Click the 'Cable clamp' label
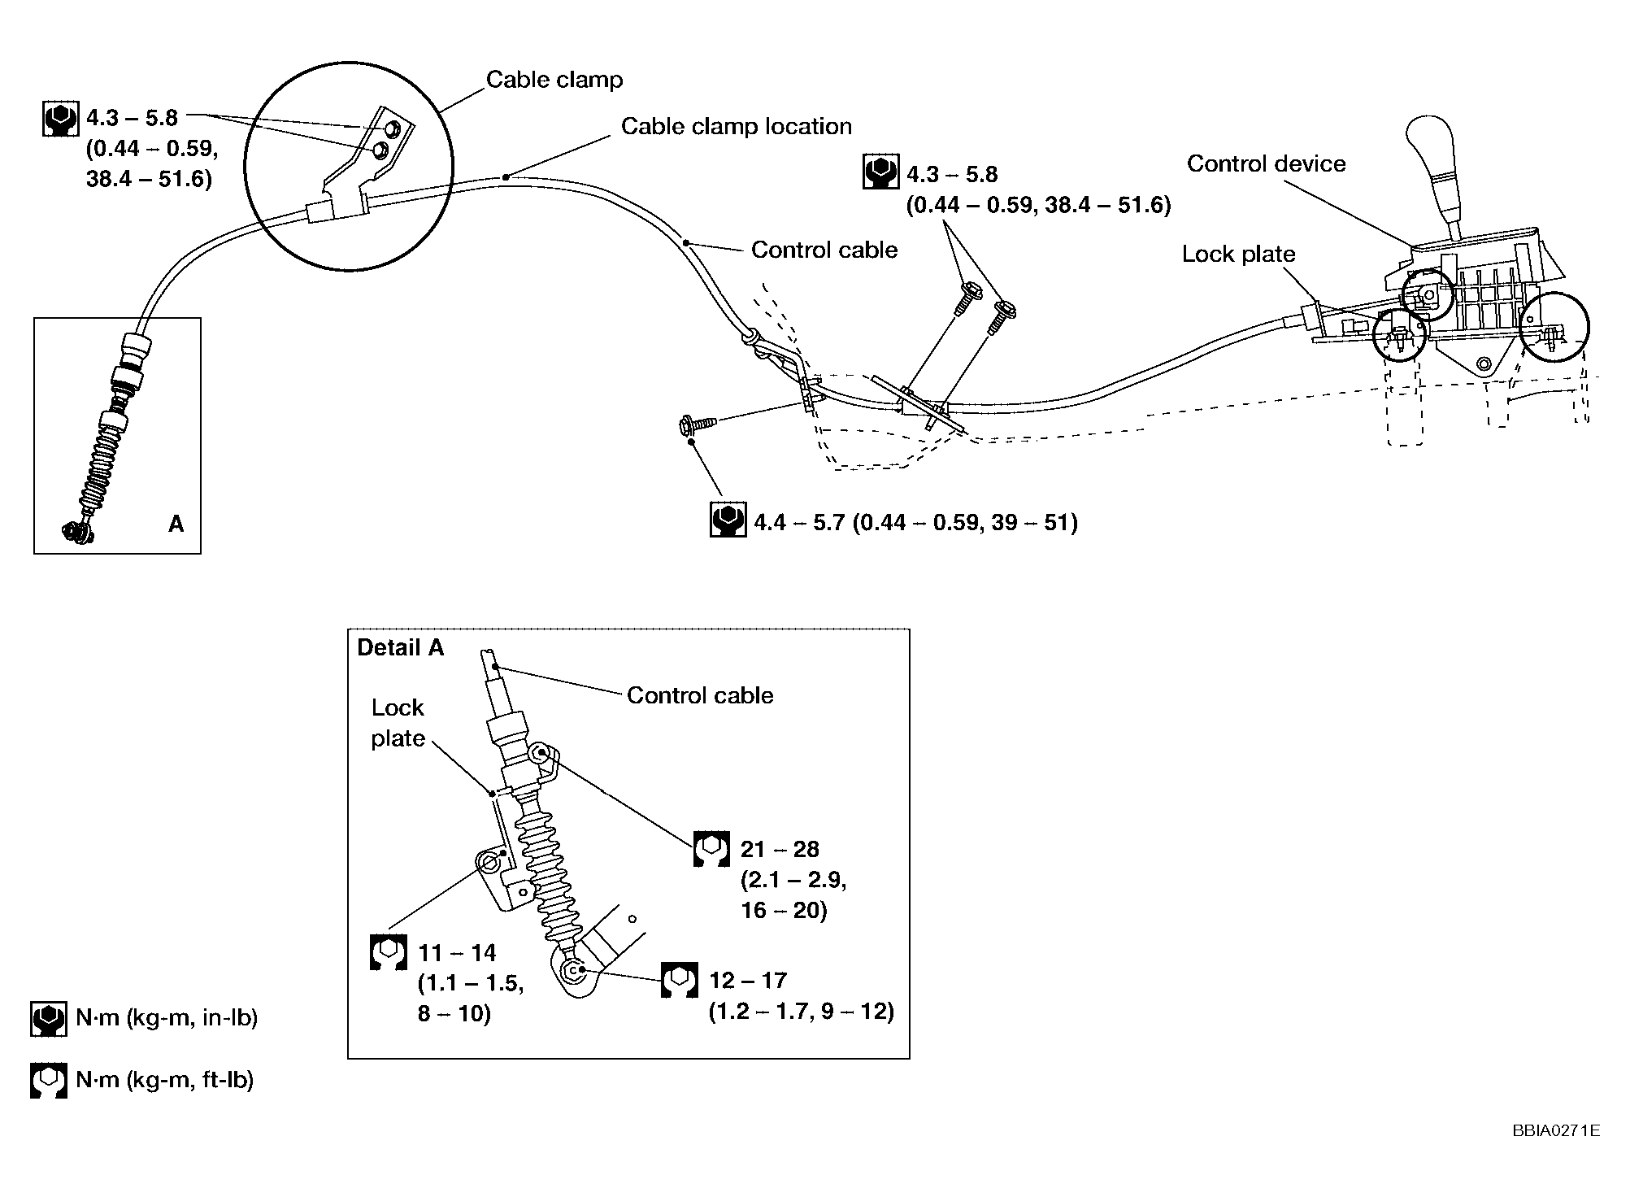pyautogui.click(x=554, y=80)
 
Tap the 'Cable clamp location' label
pyautogui.click(x=736, y=127)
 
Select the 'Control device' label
pyautogui.click(x=1266, y=164)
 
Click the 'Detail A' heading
pyautogui.click(x=401, y=647)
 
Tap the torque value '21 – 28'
pyautogui.click(x=780, y=850)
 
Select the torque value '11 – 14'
pyautogui.click(x=457, y=953)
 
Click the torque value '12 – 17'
pyautogui.click(x=748, y=981)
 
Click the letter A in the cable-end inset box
pyautogui.click(x=176, y=525)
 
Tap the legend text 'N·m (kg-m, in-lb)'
pyautogui.click(x=167, y=1018)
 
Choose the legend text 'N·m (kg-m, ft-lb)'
pyautogui.click(x=165, y=1080)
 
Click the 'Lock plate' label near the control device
pyautogui.click(x=1238, y=255)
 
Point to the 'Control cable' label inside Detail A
pyautogui.click(x=700, y=696)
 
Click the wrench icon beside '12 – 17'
pyautogui.click(x=679, y=981)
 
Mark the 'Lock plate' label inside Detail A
pyautogui.click(x=398, y=723)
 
